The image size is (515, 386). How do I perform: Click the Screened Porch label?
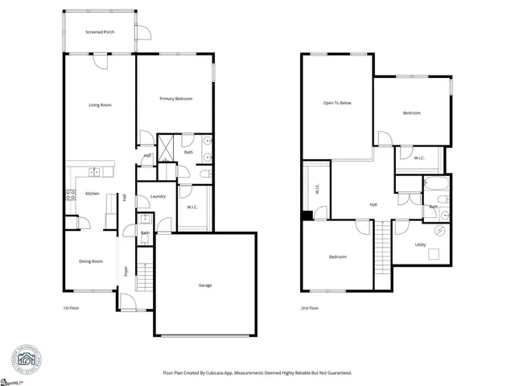click(99, 32)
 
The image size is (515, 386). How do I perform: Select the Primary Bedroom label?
click(175, 99)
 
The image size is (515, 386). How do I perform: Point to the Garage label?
click(205, 285)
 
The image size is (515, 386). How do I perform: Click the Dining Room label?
click(91, 261)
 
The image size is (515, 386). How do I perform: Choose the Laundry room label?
click(158, 196)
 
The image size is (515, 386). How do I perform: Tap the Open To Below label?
click(337, 103)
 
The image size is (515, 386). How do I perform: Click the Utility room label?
click(421, 244)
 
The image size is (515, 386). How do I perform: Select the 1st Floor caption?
click(72, 308)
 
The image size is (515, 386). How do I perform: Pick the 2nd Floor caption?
click(310, 308)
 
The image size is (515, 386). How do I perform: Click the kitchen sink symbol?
click(94, 171)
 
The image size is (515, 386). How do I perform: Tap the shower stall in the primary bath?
click(167, 147)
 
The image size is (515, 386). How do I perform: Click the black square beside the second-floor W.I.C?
click(307, 215)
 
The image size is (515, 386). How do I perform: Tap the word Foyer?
click(126, 272)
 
